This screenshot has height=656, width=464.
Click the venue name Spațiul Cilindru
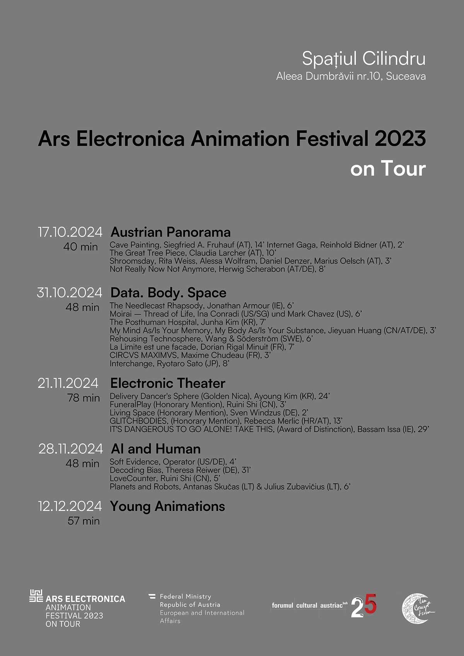point(363,59)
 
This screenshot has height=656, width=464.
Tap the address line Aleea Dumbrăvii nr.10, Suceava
point(351,76)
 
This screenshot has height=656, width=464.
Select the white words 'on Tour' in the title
point(388,169)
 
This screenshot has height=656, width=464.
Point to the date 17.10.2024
point(70,232)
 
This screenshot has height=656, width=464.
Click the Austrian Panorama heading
point(171,232)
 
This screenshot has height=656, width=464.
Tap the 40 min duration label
point(80,247)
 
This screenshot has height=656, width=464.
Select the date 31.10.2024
point(70,293)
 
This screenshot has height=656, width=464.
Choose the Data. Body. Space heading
point(168,293)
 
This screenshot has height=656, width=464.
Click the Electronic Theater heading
point(168,383)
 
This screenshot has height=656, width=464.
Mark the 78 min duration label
point(84,398)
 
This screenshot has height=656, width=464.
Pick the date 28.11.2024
point(70,449)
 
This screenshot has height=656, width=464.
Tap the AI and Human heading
point(156,449)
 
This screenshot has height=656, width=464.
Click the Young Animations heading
point(167,507)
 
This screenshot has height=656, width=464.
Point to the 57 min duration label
point(84,521)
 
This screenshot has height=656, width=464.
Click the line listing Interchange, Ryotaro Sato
point(169,364)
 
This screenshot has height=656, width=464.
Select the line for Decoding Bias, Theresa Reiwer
point(180,470)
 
